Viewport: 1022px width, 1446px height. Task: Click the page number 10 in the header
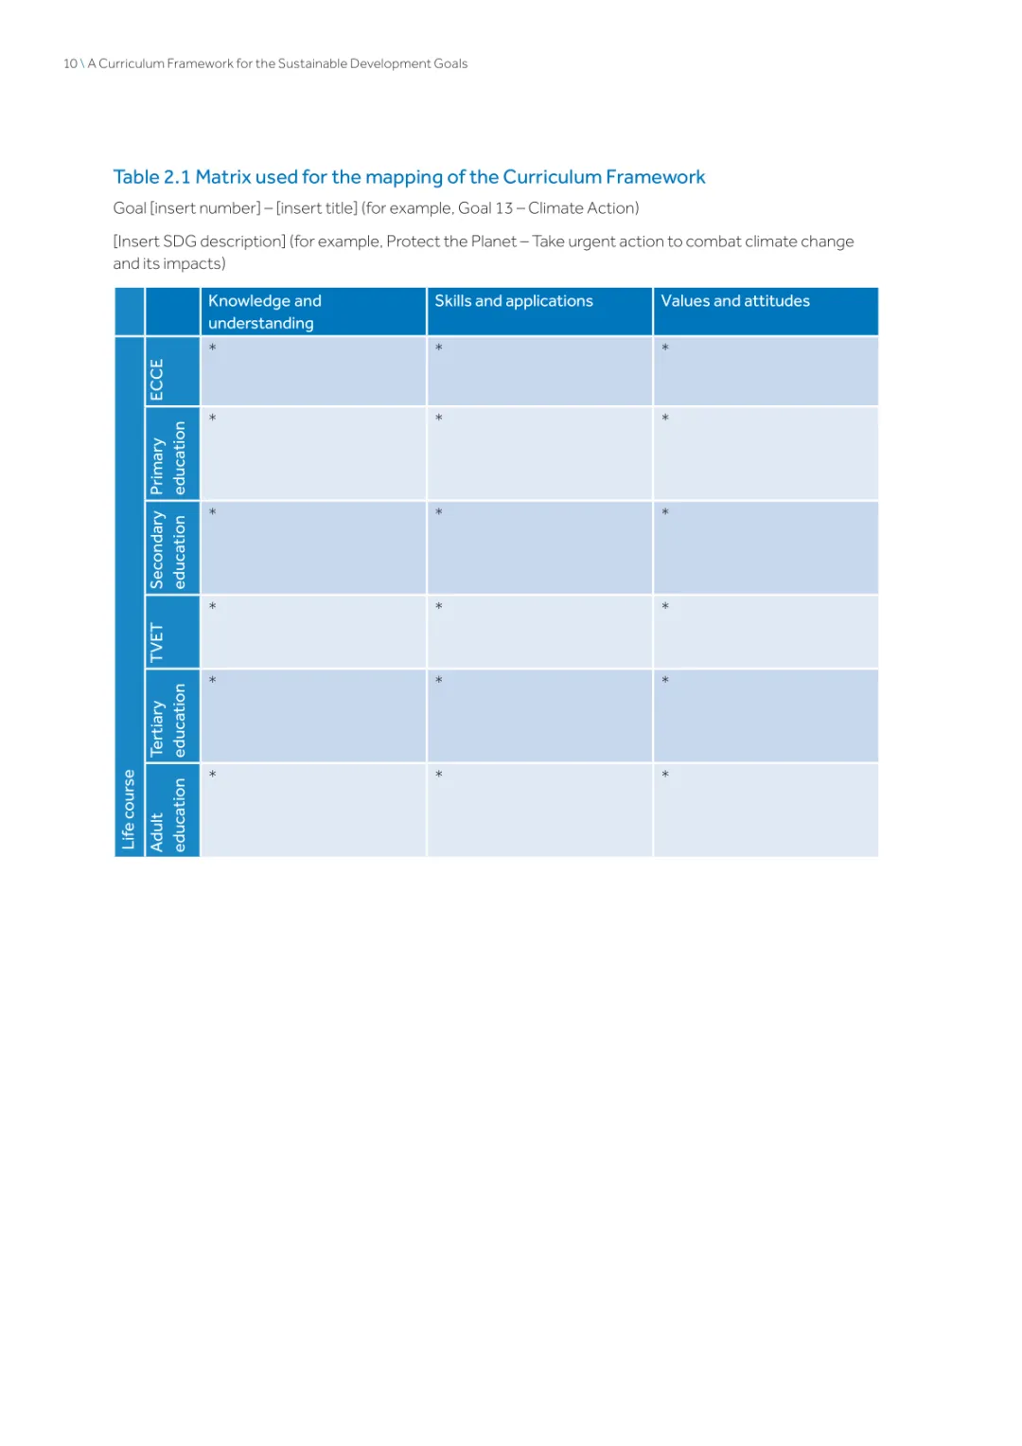pyautogui.click(x=70, y=63)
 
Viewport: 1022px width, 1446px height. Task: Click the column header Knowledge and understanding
pyautogui.click(x=264, y=312)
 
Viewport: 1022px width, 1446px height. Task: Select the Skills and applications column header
pyautogui.click(x=513, y=301)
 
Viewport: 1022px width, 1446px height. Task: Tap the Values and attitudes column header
pyautogui.click(x=734, y=301)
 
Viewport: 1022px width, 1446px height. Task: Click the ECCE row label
pyautogui.click(x=157, y=379)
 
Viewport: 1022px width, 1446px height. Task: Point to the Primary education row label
pyautogui.click(x=168, y=458)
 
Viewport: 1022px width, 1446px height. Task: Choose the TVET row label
pyautogui.click(x=157, y=643)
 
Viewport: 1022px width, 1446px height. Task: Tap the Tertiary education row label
pyautogui.click(x=168, y=720)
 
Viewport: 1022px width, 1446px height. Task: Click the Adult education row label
pyautogui.click(x=168, y=814)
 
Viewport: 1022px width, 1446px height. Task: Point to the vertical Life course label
pyautogui.click(x=129, y=809)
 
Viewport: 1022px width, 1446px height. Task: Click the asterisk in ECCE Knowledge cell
pyautogui.click(x=213, y=348)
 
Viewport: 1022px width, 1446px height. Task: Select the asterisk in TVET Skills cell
pyautogui.click(x=439, y=607)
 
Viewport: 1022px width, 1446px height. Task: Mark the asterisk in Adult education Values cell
pyautogui.click(x=665, y=776)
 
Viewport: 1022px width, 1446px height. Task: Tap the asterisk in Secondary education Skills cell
pyautogui.click(x=439, y=513)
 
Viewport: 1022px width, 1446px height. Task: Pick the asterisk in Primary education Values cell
pyautogui.click(x=665, y=419)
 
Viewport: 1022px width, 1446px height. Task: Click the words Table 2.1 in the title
pyautogui.click(x=151, y=177)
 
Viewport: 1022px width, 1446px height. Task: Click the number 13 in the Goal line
pyautogui.click(x=503, y=208)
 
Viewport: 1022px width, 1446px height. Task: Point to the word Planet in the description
pyautogui.click(x=493, y=241)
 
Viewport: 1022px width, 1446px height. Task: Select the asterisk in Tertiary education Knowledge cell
pyautogui.click(x=213, y=681)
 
